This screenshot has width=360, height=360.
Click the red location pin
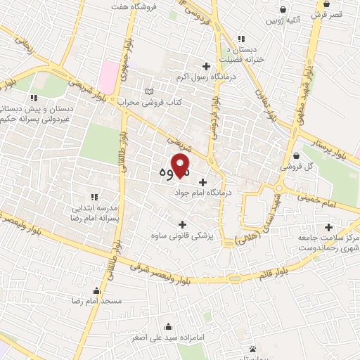click(x=181, y=168)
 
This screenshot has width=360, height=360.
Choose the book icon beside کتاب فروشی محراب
click(x=148, y=91)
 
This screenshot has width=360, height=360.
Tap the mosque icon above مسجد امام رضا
click(x=96, y=290)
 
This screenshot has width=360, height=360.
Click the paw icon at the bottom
click(x=252, y=349)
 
